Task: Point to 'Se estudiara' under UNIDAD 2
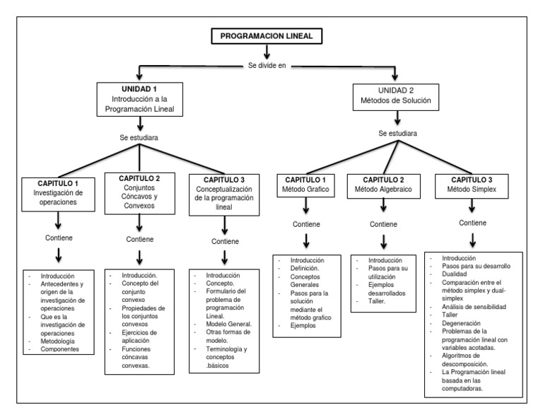click(x=397, y=133)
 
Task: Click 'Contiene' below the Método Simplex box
click(x=472, y=223)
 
